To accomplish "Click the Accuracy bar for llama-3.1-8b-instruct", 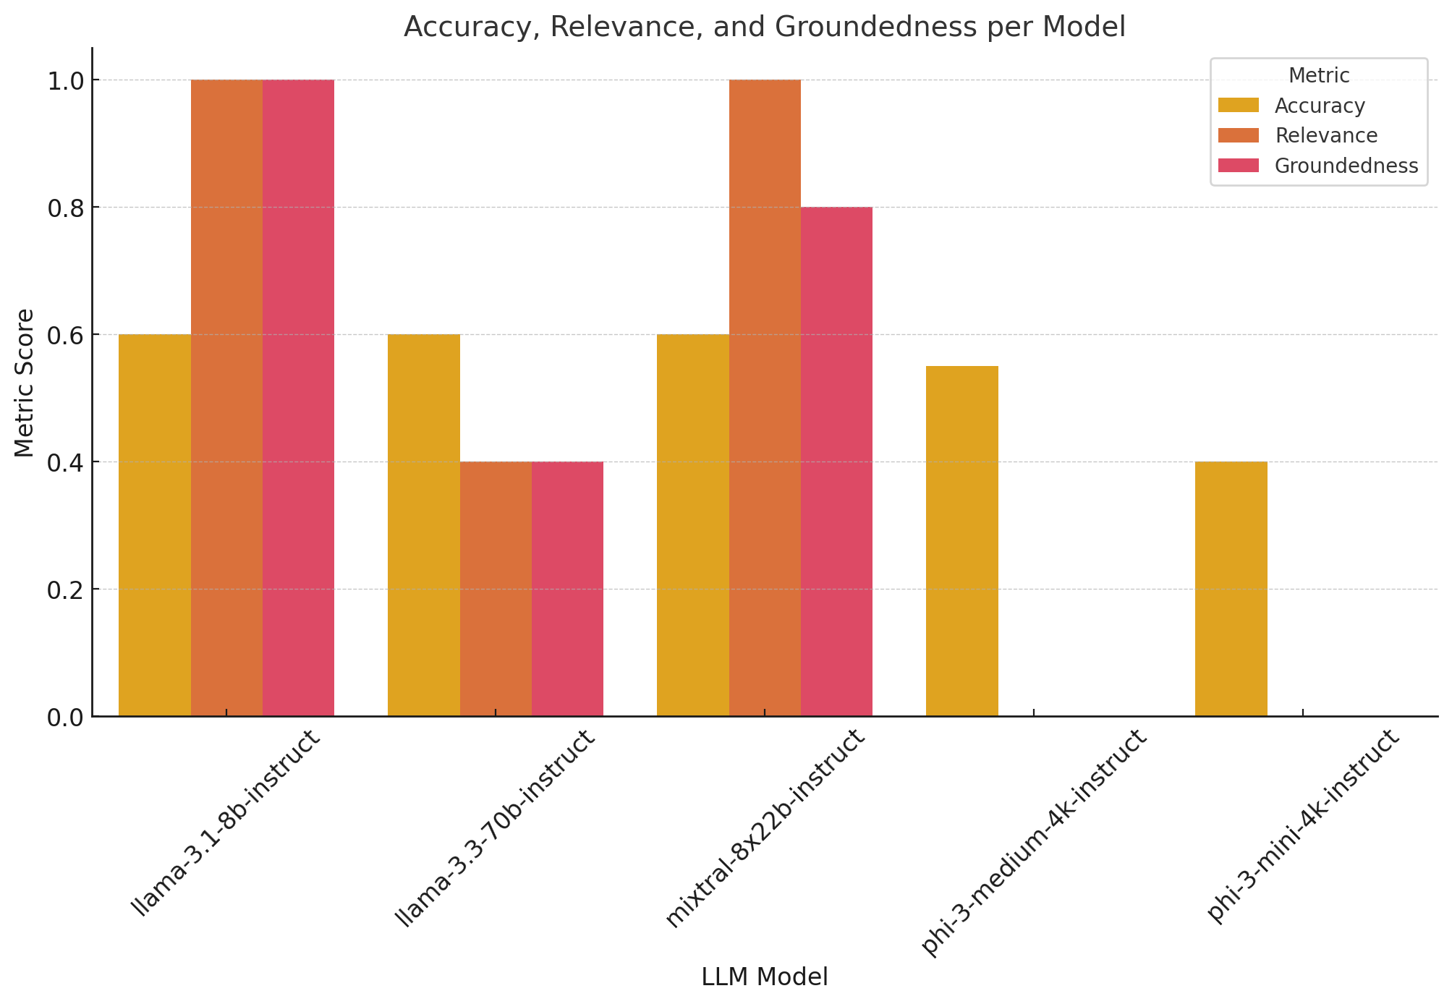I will [155, 525].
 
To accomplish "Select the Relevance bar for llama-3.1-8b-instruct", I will [226, 398].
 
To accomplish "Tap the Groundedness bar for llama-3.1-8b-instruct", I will [298, 398].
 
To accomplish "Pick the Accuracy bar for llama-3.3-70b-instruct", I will [424, 525].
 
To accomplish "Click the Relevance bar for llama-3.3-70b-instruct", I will [496, 589].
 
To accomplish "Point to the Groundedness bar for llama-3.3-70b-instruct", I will [567, 589].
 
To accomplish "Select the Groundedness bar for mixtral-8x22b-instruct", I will [836, 461].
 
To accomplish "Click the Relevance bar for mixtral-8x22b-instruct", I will [765, 398].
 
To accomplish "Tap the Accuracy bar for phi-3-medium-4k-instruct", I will [962, 541].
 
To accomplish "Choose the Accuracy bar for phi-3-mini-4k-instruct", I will [1231, 589].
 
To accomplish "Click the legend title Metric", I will [1319, 75].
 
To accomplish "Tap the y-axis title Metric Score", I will [25, 383].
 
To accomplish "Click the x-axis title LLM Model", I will [765, 977].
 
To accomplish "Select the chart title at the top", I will [765, 27].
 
